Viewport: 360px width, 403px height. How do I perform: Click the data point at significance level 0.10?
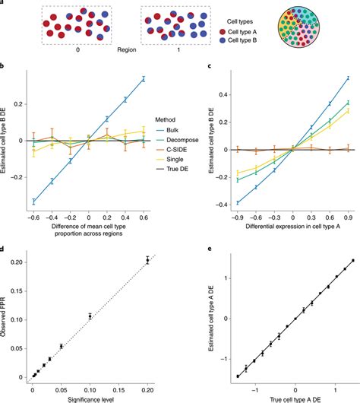[90, 316]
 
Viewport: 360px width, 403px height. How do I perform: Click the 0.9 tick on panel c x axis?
[348, 225]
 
